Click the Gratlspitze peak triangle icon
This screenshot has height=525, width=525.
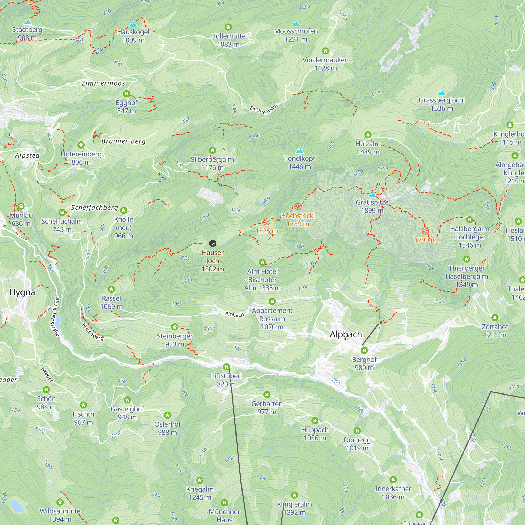pos(372,195)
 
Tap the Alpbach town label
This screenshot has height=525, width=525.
pos(346,334)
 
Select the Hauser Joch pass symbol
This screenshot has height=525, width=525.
pos(213,243)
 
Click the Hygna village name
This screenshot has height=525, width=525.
pos(22,292)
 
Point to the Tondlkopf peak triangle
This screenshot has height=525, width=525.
pos(300,151)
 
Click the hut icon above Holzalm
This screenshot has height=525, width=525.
pos(368,135)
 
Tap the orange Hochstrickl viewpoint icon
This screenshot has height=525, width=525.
pos(298,207)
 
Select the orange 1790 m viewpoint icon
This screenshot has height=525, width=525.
pos(426,231)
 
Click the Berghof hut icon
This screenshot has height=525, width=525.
pos(364,351)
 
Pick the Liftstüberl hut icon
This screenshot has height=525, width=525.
pos(226,367)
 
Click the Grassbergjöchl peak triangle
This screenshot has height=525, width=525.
pos(442,93)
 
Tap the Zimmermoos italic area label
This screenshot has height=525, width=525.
pos(103,83)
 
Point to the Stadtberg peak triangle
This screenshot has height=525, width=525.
pos(27,22)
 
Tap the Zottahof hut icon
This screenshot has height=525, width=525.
pos(495,318)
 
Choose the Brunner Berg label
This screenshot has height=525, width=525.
pos(124,141)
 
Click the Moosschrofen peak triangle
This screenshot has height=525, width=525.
pos(296,24)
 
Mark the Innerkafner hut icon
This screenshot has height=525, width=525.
pos(393,480)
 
